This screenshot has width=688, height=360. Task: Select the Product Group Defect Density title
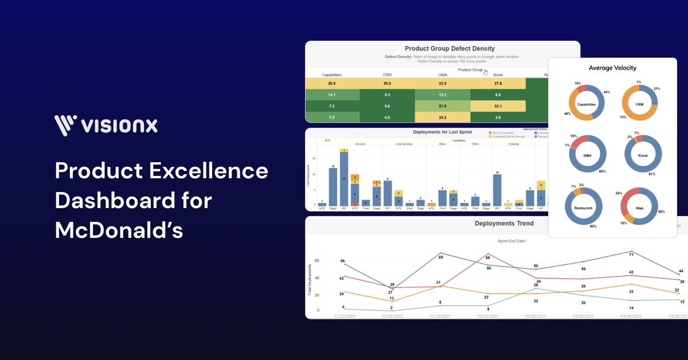449,49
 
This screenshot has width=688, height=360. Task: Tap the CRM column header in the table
388,75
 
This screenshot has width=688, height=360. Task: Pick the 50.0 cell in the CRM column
388,84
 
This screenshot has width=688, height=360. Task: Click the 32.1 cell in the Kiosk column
498,106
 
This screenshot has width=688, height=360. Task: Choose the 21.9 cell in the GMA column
443,106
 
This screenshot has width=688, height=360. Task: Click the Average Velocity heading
612,68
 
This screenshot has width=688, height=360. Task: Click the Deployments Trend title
504,224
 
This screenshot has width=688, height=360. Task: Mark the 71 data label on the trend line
631,254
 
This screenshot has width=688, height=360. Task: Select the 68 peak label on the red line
488,258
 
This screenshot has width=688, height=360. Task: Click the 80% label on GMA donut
602,171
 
